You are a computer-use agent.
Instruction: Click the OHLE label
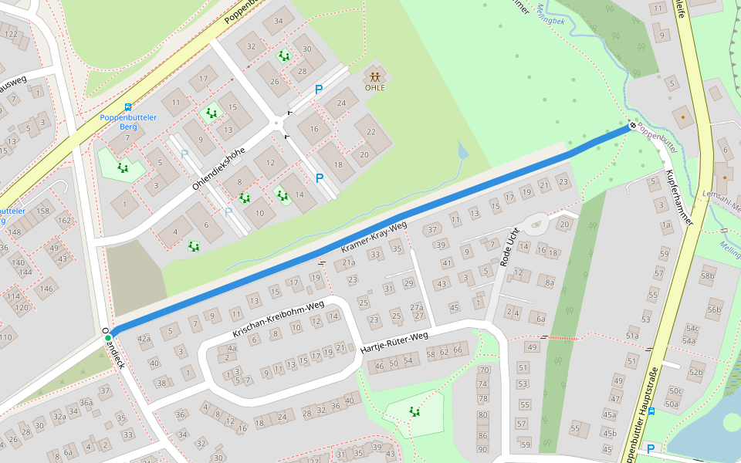click(374, 87)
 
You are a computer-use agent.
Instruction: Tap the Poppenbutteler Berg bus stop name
click(128, 122)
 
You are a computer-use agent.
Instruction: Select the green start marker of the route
click(108, 337)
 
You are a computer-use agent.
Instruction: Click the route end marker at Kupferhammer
click(632, 125)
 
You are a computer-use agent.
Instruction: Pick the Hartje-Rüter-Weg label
click(394, 346)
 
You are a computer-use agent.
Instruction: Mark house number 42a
click(144, 338)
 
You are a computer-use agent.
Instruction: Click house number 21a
click(348, 263)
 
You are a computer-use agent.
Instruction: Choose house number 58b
click(707, 275)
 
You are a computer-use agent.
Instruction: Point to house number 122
click(11, 34)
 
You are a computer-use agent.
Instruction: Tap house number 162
click(64, 221)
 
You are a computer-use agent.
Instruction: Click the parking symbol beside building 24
click(318, 90)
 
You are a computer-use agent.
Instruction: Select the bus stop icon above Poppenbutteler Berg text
click(127, 107)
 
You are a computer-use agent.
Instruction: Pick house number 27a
click(417, 307)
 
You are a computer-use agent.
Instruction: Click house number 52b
click(696, 373)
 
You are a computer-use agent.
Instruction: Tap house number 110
click(7, 337)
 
